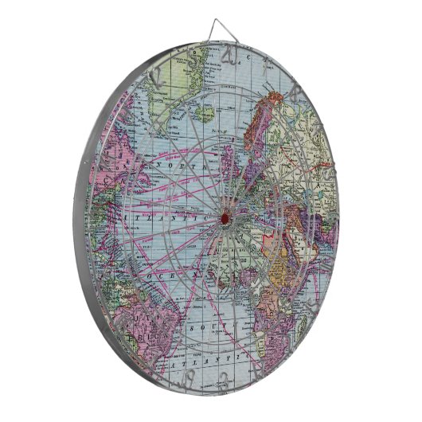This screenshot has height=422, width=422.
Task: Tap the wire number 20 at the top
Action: coord(229,54)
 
